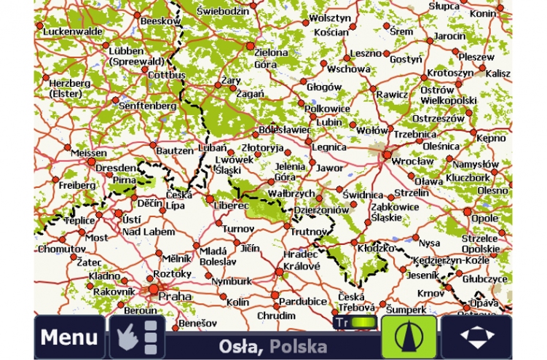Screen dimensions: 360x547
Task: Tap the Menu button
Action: coord(69,337)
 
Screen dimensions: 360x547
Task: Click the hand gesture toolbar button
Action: coord(137,337)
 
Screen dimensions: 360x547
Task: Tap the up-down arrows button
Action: coord(476,337)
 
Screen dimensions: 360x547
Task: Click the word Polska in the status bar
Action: coord(298,347)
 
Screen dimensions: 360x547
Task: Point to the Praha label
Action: coord(175,297)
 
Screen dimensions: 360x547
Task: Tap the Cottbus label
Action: coord(167,74)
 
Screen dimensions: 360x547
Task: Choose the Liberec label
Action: coord(232,206)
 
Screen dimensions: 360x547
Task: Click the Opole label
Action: coord(484,217)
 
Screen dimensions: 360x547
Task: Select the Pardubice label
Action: coord(302,301)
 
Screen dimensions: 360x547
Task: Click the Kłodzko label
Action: coord(376,248)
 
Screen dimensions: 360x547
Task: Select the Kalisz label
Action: coord(498,74)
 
